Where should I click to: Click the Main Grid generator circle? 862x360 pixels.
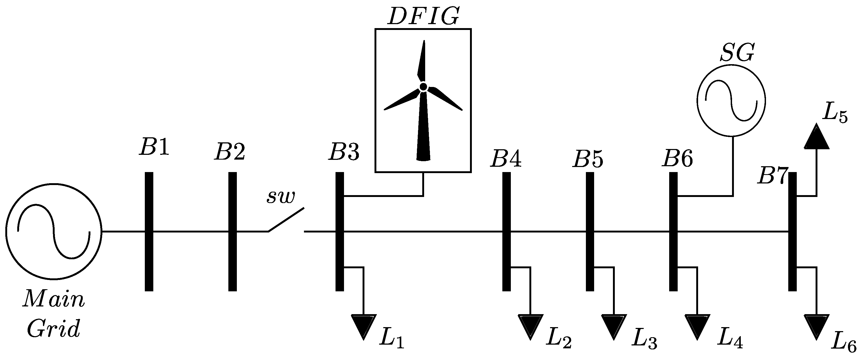tap(54, 231)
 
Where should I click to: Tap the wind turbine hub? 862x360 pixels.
tap(423, 87)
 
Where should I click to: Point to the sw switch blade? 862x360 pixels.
tap(286, 219)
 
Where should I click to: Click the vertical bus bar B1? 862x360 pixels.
tap(149, 231)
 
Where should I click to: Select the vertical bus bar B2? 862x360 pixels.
tap(233, 231)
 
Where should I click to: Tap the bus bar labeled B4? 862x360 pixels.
tap(507, 231)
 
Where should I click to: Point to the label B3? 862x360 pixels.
tap(344, 152)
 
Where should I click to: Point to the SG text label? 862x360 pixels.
tap(737, 53)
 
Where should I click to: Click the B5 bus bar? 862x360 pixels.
tap(590, 231)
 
